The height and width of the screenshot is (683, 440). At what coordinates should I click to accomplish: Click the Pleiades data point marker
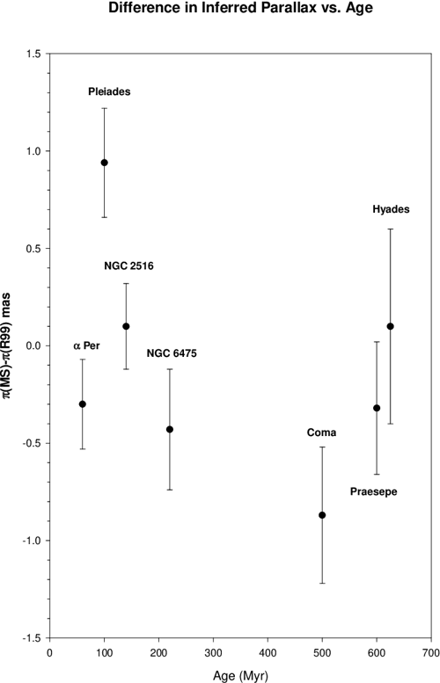pos(104,163)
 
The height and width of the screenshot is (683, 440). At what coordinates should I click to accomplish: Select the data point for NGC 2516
pos(126,326)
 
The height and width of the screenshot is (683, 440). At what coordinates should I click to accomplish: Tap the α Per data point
pos(83,404)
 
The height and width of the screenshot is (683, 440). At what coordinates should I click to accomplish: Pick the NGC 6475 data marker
pos(170,429)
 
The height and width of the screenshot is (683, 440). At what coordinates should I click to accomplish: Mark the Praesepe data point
pos(377,408)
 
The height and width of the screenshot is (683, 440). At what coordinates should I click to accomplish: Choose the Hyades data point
pos(390,326)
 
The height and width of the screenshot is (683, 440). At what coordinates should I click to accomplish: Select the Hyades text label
pos(390,209)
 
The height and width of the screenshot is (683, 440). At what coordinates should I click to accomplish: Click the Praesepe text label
pos(373,491)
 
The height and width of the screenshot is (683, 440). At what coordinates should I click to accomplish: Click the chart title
pos(220,11)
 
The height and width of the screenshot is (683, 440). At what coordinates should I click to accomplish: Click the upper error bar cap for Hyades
pos(390,229)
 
